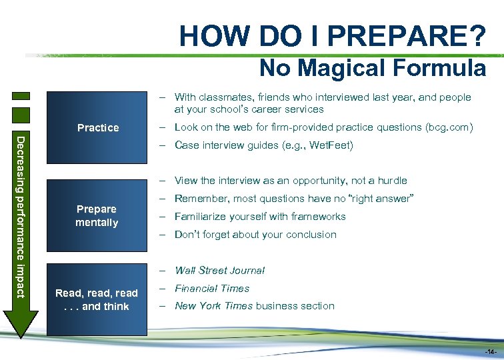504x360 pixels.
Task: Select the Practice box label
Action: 98,127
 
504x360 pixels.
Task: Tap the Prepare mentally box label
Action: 97,215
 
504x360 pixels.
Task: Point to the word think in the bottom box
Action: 116,306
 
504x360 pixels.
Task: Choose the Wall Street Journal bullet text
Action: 219,270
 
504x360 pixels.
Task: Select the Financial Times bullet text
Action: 212,288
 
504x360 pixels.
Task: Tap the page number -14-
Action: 490,351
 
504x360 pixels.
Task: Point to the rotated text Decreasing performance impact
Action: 21,217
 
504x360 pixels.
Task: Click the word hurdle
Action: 390,181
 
